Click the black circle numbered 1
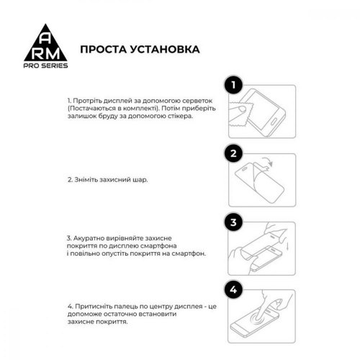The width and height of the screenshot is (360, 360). [x=232, y=87]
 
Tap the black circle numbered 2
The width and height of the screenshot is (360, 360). [x=232, y=153]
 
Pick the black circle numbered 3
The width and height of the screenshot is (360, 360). [x=232, y=221]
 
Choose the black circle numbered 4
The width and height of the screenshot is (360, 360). [x=232, y=289]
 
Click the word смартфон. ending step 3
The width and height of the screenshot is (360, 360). [x=188, y=254]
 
